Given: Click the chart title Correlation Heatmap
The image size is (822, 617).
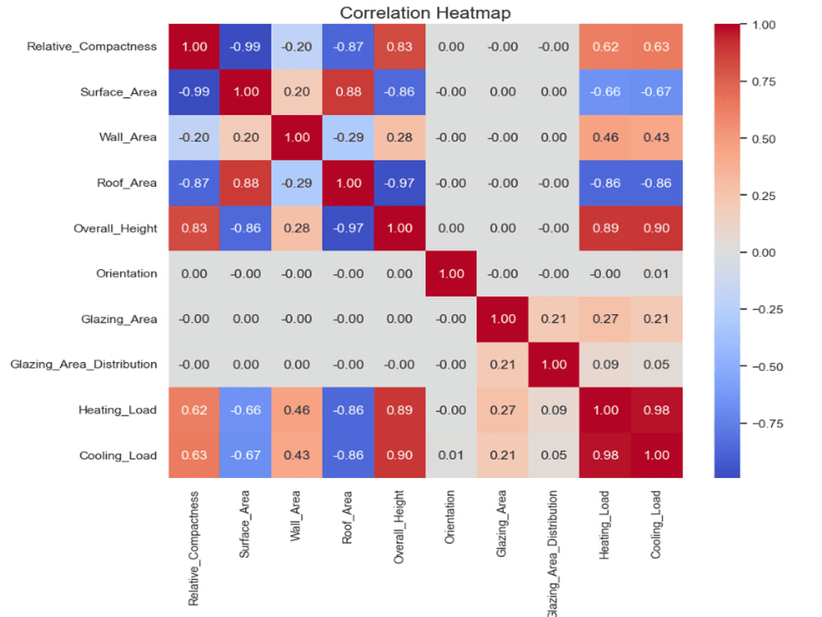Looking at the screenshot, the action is (x=425, y=12).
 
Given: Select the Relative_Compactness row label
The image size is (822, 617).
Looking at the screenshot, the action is (x=92, y=47).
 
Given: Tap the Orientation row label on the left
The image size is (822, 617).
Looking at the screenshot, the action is (x=127, y=273).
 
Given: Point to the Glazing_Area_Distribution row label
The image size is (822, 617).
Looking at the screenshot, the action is (x=83, y=364).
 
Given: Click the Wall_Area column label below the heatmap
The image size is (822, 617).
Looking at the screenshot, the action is (x=296, y=516).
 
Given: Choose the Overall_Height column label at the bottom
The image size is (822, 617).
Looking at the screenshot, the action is (x=399, y=527).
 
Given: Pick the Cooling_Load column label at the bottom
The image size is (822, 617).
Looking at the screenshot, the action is (x=656, y=524).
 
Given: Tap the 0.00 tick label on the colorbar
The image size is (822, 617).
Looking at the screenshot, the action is (x=764, y=253).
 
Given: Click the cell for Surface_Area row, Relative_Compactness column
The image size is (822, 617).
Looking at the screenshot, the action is (x=194, y=92).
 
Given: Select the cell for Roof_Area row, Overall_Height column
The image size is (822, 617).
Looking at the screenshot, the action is (x=399, y=183).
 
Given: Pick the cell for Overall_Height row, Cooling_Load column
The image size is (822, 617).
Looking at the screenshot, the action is (x=657, y=228).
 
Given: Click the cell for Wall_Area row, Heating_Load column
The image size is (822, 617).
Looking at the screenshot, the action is (x=606, y=137).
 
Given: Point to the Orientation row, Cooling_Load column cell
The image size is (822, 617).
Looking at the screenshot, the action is (x=657, y=274).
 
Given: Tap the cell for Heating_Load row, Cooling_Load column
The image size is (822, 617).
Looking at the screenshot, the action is (x=657, y=410).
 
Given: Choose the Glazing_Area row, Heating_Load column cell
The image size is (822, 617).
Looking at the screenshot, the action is (x=606, y=319).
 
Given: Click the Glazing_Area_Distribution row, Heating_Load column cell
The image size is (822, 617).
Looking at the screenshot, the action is (x=606, y=364).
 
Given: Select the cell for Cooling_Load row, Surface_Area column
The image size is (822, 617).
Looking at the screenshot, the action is (x=245, y=456).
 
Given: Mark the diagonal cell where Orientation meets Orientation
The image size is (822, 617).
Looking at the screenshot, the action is (x=450, y=274).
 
